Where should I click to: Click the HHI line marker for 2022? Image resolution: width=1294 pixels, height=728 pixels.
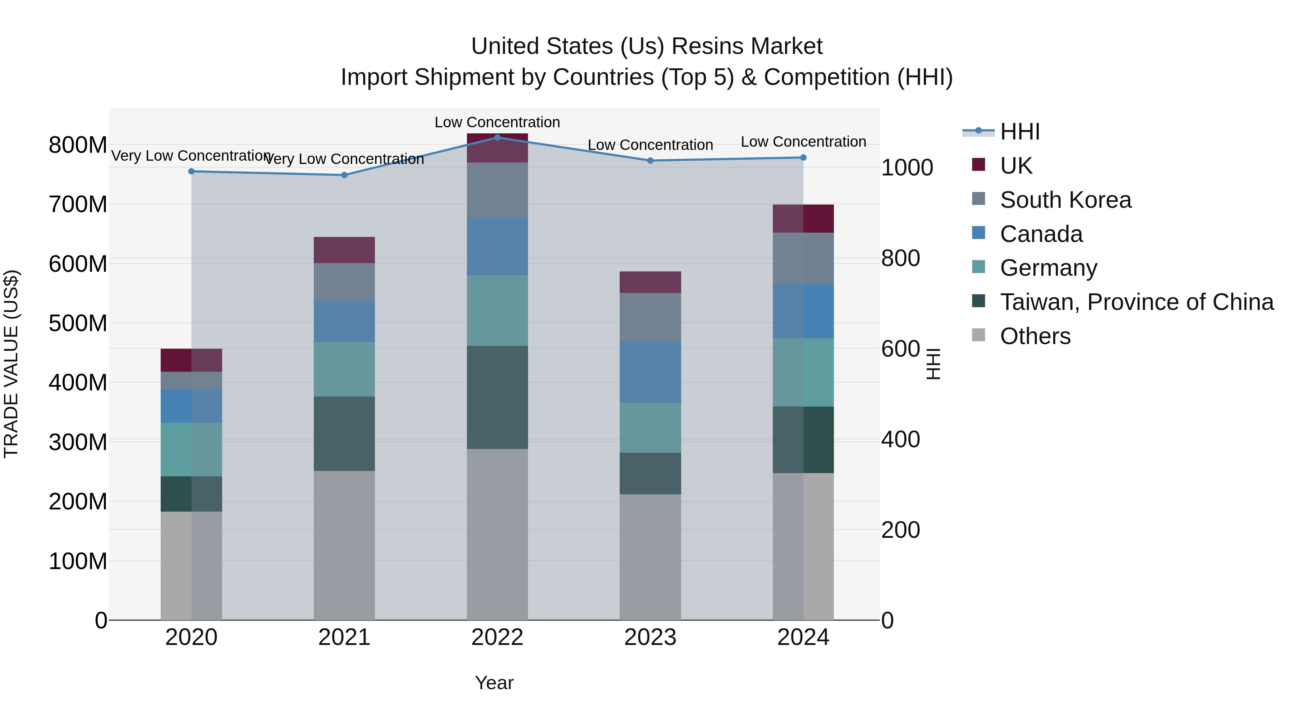click(x=497, y=137)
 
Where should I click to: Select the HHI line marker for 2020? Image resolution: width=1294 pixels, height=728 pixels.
click(x=191, y=171)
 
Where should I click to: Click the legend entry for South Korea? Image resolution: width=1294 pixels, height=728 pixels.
click(x=1065, y=200)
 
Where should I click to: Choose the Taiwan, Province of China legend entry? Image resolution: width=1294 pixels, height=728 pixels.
click(x=1136, y=302)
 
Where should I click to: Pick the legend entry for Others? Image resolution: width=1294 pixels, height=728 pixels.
click(x=1035, y=336)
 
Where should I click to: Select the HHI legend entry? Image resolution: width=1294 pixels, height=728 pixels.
click(x=1019, y=132)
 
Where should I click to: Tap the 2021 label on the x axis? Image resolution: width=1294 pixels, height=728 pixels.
click(x=344, y=637)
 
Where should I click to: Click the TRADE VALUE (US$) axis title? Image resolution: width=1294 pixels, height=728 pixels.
click(x=11, y=364)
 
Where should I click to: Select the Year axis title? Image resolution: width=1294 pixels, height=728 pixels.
click(x=494, y=683)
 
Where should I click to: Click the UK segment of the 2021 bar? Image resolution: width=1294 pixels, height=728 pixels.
click(x=344, y=250)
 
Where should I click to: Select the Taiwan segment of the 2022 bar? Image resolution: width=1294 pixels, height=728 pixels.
click(x=497, y=397)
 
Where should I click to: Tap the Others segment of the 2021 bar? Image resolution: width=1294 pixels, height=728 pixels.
click(x=344, y=545)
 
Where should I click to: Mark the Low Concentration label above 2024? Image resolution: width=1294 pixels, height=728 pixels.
click(x=803, y=142)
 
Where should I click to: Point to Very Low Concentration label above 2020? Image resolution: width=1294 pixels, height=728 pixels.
click(x=191, y=156)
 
